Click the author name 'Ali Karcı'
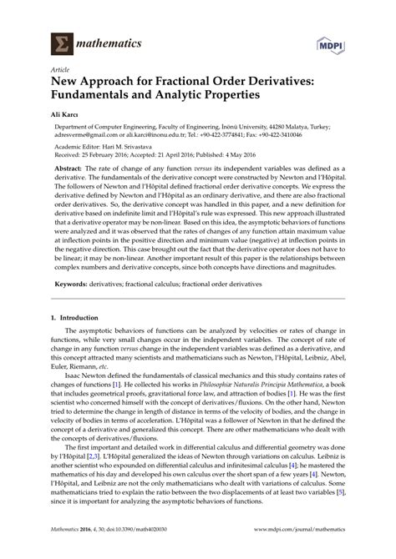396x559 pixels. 68,116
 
